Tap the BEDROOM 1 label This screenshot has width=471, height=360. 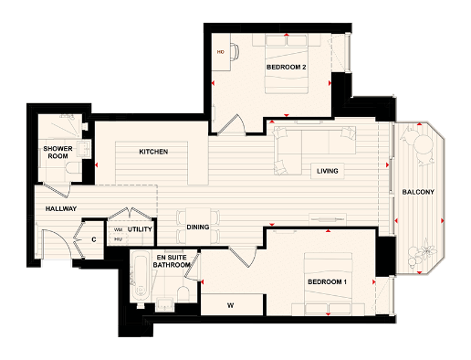point(328,283)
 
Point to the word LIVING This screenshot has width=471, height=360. point(328,171)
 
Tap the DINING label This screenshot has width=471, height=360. point(198,227)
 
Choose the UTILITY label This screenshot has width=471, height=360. point(140,229)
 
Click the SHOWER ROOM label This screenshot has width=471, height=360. point(58,153)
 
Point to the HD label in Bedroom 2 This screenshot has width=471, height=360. point(220,52)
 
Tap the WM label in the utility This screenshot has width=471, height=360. point(118,229)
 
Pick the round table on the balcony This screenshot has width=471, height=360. point(423,148)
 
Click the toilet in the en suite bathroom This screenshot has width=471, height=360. point(183,292)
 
